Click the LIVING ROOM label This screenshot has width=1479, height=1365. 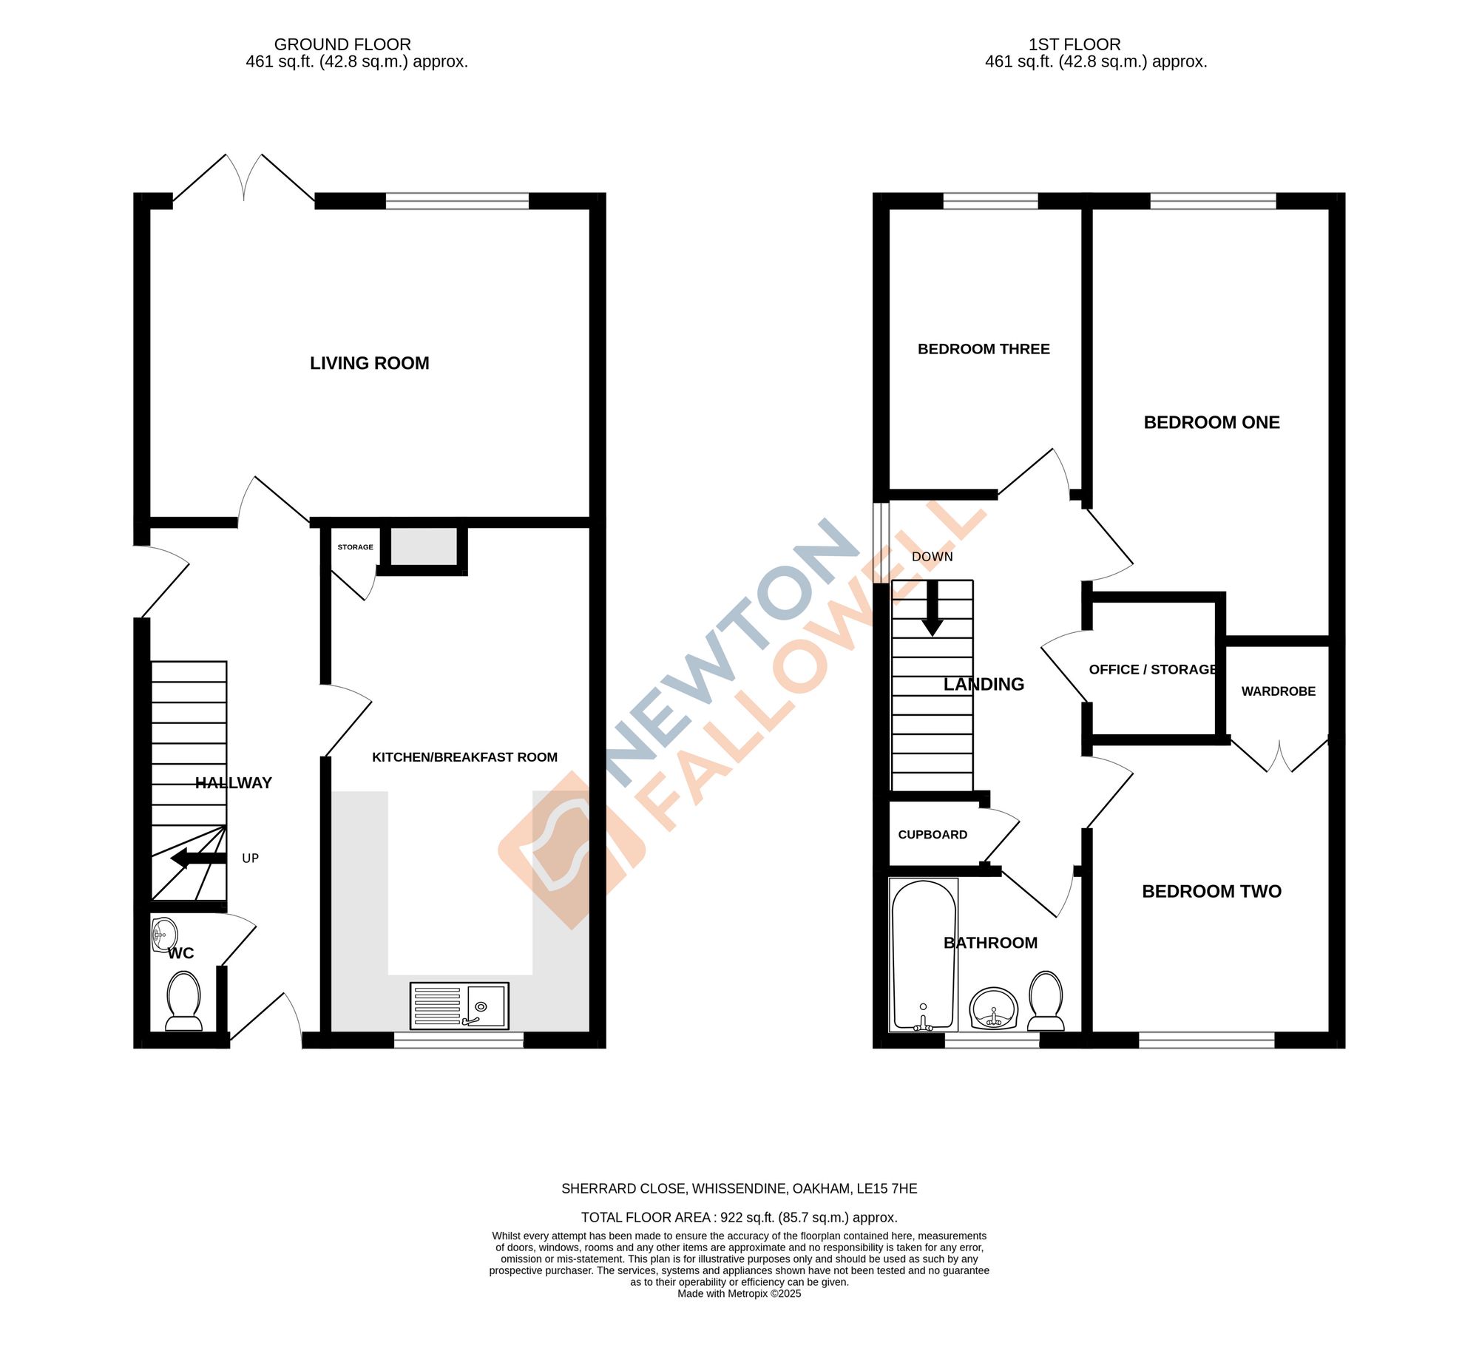369,363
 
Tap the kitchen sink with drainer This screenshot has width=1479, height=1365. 459,1006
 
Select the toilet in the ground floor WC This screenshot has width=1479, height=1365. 183,1001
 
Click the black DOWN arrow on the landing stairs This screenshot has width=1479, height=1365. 933,609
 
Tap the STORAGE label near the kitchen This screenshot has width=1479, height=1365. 355,547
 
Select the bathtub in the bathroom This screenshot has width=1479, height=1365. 924,955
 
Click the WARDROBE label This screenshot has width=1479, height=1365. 1278,691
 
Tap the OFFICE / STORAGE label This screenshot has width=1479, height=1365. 1153,669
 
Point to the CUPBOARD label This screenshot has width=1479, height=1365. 933,834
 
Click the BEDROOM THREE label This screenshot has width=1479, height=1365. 984,349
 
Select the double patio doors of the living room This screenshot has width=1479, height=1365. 244,179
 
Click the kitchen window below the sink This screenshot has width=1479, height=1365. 458,1040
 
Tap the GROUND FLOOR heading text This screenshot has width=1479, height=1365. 342,44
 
